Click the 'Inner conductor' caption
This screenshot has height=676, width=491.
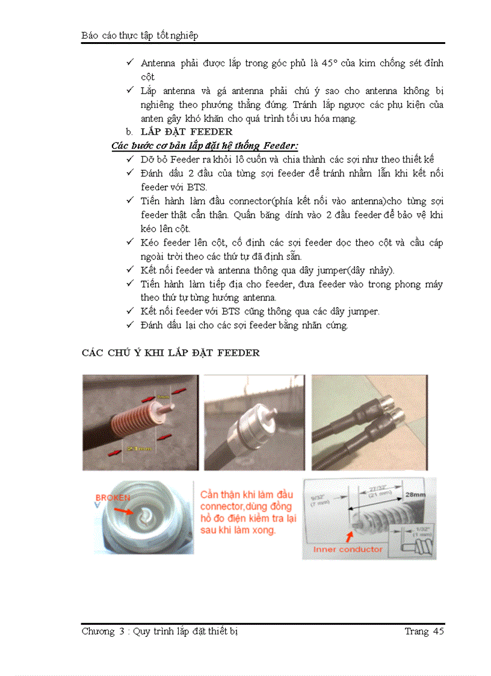[x=347, y=550]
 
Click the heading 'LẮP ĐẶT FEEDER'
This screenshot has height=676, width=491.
[x=187, y=132]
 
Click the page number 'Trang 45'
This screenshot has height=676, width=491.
[x=424, y=631]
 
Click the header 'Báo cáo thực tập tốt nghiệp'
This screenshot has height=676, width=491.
[x=140, y=36]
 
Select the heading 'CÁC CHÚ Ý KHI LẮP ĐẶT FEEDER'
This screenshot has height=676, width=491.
[x=170, y=353]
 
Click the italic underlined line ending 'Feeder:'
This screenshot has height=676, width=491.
[x=205, y=146]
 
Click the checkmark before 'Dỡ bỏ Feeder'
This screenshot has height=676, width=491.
[x=130, y=160]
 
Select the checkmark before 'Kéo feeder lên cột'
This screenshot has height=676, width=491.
[x=130, y=242]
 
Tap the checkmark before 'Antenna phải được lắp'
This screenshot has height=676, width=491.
[x=130, y=63]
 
